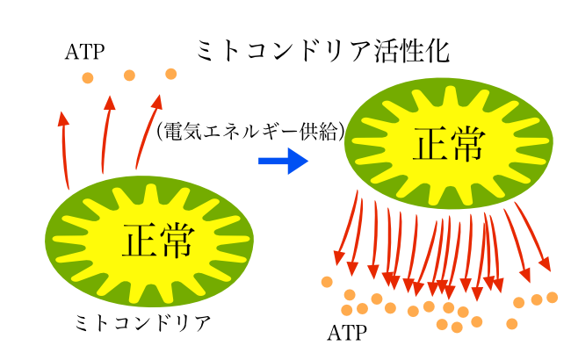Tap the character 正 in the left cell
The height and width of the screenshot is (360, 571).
click(x=140, y=241)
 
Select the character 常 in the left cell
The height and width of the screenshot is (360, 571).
click(x=177, y=241)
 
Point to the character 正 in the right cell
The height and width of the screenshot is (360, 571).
click(x=430, y=144)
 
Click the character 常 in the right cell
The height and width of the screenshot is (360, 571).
click(x=467, y=144)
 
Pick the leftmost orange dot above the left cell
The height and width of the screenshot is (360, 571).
click(x=88, y=78)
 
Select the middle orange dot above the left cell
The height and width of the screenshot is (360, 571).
click(x=129, y=76)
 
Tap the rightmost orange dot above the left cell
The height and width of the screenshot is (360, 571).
click(x=170, y=74)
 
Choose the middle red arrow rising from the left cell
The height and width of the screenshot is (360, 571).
click(x=105, y=136)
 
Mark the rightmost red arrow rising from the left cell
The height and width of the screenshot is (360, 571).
click(x=146, y=132)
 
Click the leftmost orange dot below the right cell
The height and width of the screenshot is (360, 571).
click(x=327, y=282)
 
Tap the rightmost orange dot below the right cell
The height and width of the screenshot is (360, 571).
click(x=552, y=298)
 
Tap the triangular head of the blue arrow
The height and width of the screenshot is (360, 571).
click(x=298, y=161)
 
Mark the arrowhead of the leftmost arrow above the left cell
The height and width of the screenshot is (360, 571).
click(x=62, y=119)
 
